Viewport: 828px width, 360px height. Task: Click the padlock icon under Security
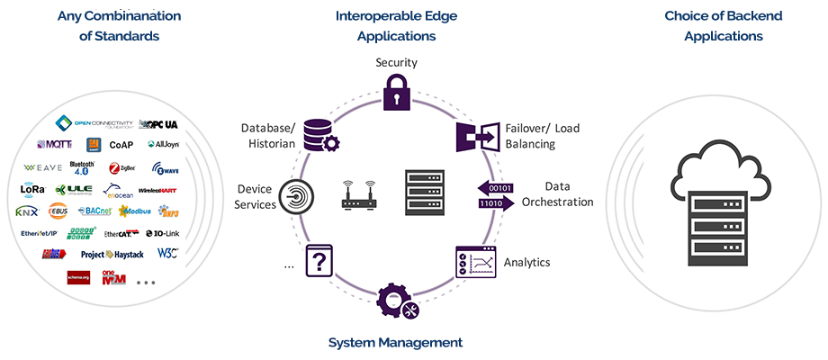(396, 93)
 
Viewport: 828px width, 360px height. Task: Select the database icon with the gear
(319, 135)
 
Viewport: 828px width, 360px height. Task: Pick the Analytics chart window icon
(476, 261)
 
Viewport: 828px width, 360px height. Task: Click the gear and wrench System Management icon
(397, 303)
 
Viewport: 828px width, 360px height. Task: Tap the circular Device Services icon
(296, 195)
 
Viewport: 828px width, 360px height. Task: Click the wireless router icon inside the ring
(357, 194)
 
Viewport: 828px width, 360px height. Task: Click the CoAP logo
(121, 144)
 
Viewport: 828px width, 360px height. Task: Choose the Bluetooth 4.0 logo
(82, 166)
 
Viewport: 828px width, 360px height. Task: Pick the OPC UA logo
(160, 123)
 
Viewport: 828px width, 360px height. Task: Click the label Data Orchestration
(557, 194)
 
